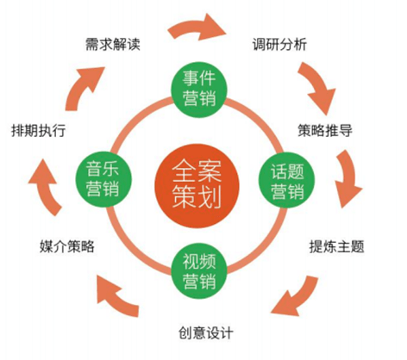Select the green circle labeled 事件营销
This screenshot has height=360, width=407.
click(199, 90)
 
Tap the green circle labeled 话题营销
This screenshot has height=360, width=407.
click(287, 180)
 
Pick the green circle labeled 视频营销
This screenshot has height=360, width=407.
click(199, 271)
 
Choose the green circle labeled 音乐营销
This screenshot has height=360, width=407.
click(103, 179)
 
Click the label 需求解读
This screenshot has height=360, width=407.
click(113, 44)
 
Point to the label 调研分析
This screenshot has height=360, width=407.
click(279, 44)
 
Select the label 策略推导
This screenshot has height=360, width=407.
click(325, 131)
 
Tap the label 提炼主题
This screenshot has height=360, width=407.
click(336, 246)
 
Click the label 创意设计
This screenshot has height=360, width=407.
click(206, 333)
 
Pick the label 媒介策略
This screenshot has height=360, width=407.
click(67, 246)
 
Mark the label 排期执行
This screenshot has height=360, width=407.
click(39, 131)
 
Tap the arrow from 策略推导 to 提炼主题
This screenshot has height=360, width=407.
click(348, 178)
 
